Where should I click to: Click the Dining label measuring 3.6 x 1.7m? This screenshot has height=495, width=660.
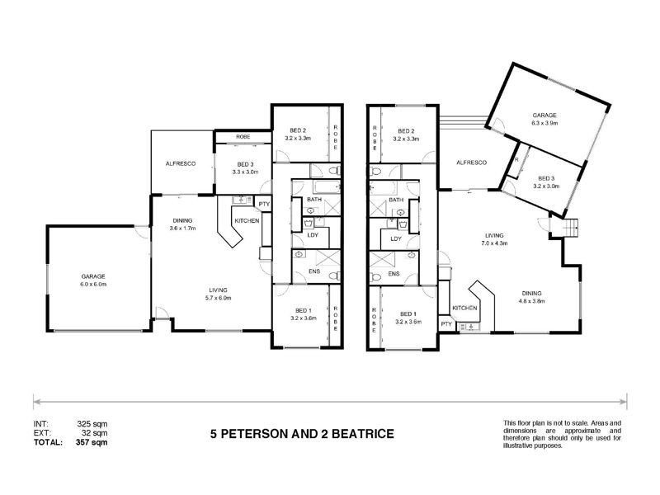182,227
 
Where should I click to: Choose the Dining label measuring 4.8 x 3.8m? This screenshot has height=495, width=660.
532,300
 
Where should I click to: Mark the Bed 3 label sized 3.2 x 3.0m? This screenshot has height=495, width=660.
546,186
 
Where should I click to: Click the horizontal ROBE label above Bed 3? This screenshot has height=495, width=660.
243,136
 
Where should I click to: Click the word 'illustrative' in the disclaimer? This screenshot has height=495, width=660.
521,445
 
